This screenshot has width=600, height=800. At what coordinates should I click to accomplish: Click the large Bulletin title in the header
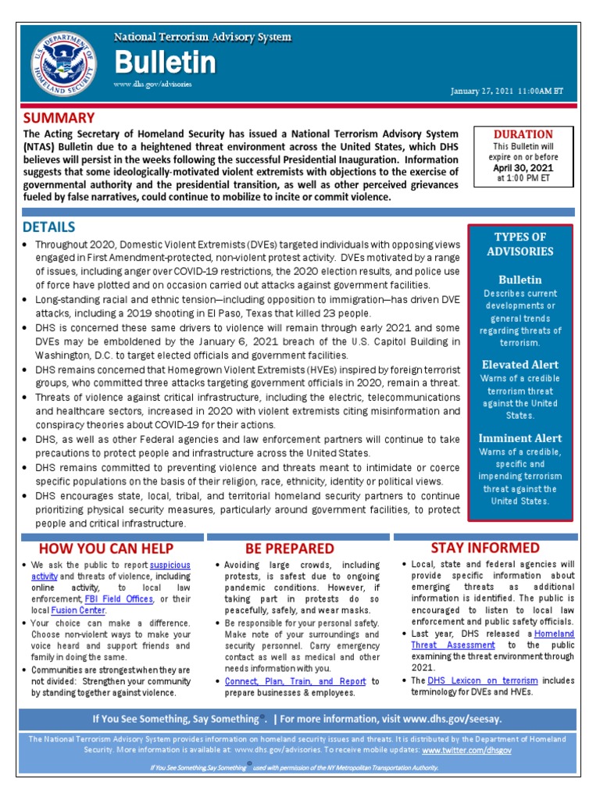click(164, 62)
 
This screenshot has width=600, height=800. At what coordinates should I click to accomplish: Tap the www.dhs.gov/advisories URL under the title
click(152, 84)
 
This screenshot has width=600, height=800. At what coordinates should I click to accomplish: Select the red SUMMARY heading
click(59, 118)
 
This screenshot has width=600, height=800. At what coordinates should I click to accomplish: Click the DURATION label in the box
click(523, 134)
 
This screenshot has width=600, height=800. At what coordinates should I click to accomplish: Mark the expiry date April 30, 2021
click(523, 167)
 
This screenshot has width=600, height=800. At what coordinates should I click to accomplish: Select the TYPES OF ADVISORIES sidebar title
click(520, 244)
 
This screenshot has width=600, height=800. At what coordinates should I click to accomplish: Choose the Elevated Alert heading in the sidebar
click(520, 364)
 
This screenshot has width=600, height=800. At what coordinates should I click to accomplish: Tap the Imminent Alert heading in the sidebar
click(520, 438)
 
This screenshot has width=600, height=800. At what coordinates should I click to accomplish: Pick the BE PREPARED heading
click(289, 548)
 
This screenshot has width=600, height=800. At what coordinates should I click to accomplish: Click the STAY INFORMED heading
click(484, 547)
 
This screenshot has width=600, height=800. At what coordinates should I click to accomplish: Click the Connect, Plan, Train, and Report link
click(295, 681)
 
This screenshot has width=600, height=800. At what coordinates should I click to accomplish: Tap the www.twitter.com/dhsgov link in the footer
click(466, 749)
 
